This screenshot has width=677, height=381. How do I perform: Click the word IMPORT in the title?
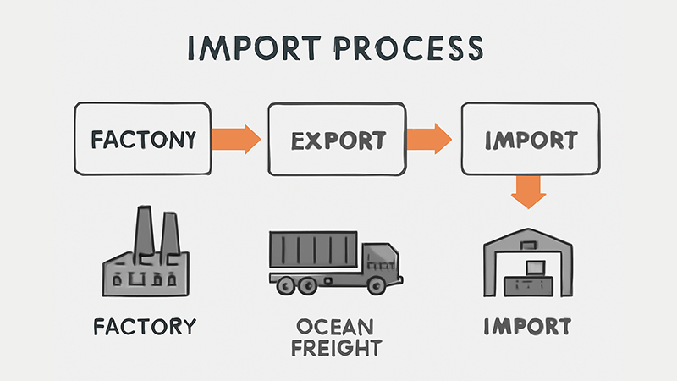click(255, 50)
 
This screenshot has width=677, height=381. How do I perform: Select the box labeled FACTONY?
click(142, 139)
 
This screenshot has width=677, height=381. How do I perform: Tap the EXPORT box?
click(337, 139)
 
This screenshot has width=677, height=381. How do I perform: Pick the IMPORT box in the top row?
click(531, 139)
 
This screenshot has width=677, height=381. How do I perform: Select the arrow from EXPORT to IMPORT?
click(430, 139)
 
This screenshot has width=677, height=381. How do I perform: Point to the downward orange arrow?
click(529, 190)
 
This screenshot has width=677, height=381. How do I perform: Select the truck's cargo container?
click(316, 251)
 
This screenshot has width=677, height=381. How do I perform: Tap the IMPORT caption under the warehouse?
click(528, 326)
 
